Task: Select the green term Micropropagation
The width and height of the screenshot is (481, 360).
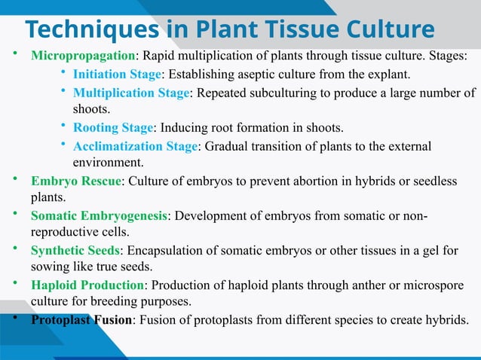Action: [x=82, y=57]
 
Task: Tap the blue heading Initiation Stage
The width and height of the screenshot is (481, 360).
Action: [x=117, y=75]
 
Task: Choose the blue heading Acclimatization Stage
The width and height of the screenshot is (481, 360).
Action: [x=134, y=145]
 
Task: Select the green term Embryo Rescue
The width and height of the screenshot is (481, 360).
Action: [x=75, y=182]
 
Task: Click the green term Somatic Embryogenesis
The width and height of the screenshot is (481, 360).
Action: [x=99, y=217]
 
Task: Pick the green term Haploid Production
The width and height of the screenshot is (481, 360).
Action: [x=87, y=285]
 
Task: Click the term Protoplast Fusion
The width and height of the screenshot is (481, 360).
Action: [x=81, y=319]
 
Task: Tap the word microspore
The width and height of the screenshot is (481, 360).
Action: [x=426, y=285]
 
